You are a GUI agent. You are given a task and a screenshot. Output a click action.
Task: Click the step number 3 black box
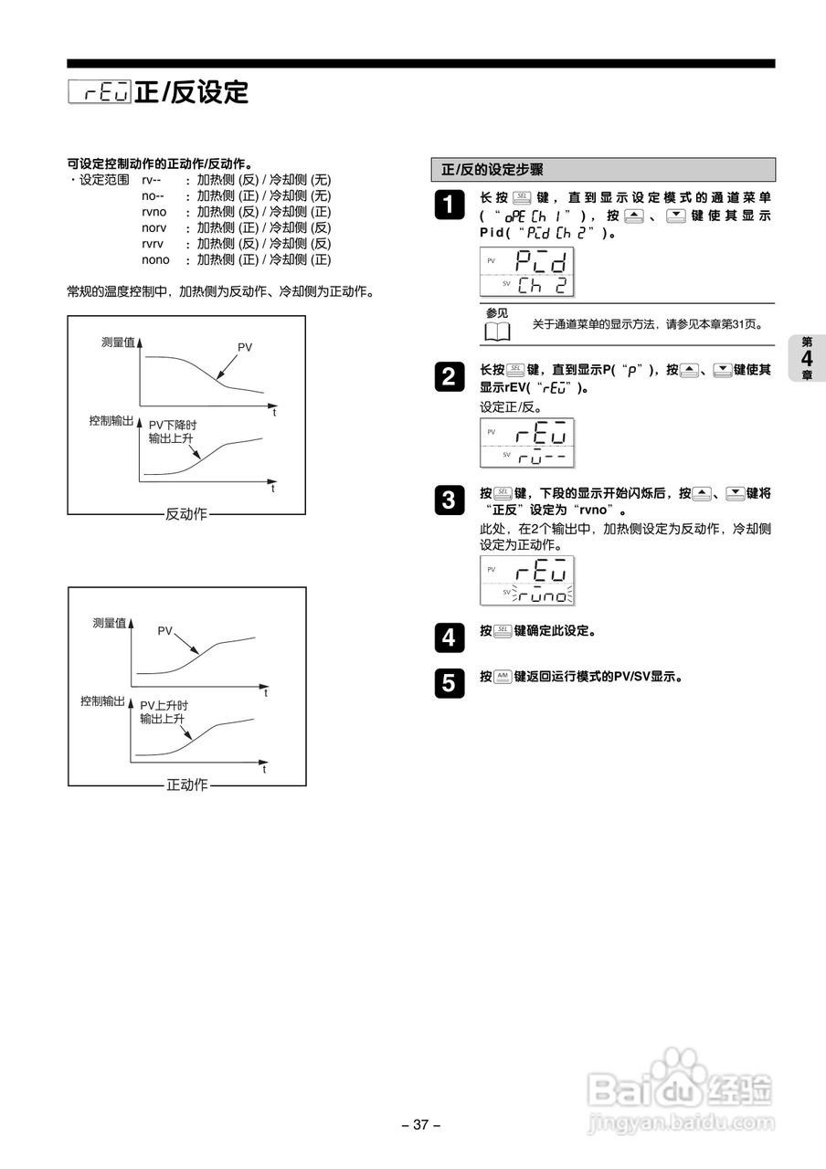click(x=448, y=500)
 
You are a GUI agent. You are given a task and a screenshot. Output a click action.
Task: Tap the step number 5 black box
click(x=448, y=683)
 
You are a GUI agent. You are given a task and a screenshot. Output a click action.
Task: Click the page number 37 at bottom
click(x=421, y=1125)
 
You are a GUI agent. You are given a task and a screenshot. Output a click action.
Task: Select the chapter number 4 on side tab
click(x=807, y=358)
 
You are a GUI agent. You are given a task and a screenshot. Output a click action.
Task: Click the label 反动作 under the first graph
click(x=186, y=514)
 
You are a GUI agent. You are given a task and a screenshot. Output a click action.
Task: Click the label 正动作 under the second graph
click(x=187, y=785)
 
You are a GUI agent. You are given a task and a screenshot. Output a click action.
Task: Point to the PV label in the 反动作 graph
click(x=245, y=347)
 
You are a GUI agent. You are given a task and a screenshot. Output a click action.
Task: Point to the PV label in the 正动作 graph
click(x=164, y=630)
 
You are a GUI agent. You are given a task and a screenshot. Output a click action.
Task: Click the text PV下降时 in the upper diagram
click(x=173, y=425)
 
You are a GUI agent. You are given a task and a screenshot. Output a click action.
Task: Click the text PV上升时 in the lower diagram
click(x=164, y=705)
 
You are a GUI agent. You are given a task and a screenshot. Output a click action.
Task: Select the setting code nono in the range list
click(x=155, y=260)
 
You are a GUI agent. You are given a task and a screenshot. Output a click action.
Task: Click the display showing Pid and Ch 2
click(x=526, y=271)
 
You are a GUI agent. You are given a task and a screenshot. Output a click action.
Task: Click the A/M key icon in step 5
click(x=503, y=677)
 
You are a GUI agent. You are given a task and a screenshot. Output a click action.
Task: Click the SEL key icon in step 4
click(x=503, y=631)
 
